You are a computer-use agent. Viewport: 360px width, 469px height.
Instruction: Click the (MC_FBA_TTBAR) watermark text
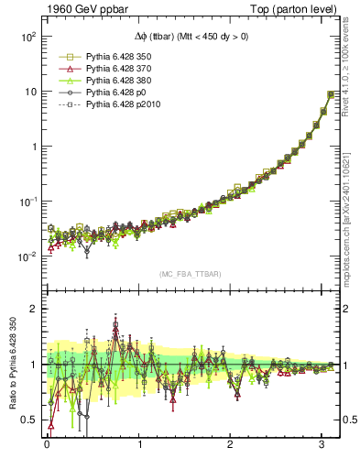tap(191, 275)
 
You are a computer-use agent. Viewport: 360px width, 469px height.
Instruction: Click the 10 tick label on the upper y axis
tap(29, 93)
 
